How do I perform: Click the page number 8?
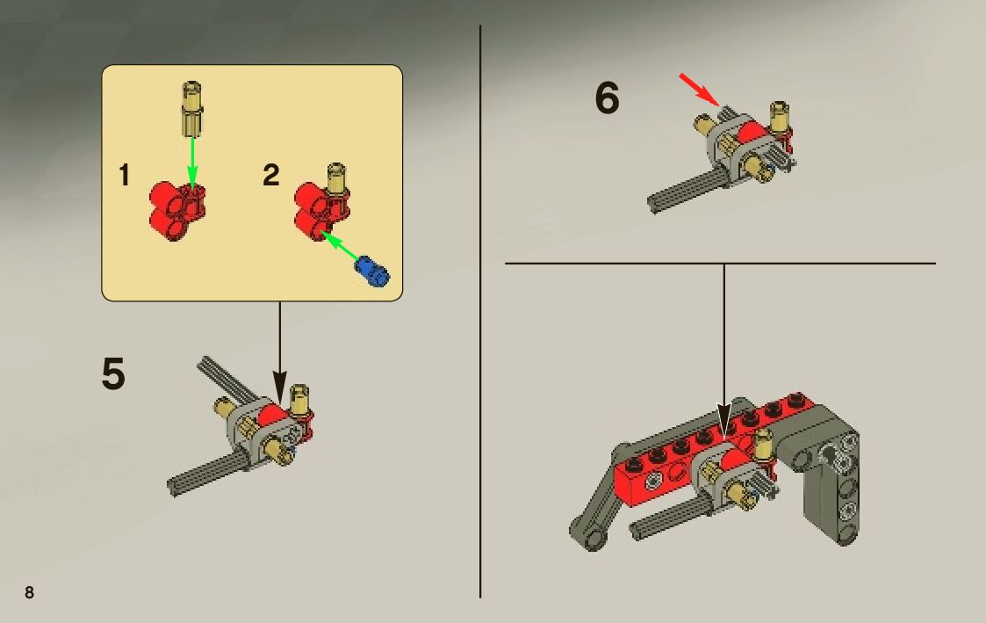pyautogui.click(x=29, y=592)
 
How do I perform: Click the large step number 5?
pyautogui.click(x=113, y=373)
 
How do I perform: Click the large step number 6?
pyautogui.click(x=607, y=98)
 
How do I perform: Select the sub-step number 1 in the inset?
pyautogui.click(x=125, y=175)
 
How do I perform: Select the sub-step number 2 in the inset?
pyautogui.click(x=271, y=175)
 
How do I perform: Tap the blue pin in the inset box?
pyautogui.click(x=372, y=272)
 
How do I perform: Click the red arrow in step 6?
pyautogui.click(x=699, y=90)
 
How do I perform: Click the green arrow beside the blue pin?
pyautogui.click(x=340, y=245)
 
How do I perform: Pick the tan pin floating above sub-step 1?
pyautogui.click(x=192, y=109)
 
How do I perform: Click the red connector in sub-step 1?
pyautogui.click(x=177, y=211)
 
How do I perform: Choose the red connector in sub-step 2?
pyautogui.click(x=320, y=211)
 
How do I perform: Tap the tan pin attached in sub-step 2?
pyautogui.click(x=336, y=181)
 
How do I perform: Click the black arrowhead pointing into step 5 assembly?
pyautogui.click(x=280, y=385)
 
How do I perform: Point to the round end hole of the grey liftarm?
pyautogui.click(x=593, y=539)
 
